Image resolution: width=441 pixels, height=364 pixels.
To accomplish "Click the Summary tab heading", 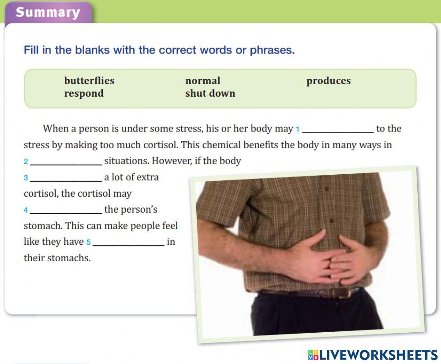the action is click(x=48, y=12).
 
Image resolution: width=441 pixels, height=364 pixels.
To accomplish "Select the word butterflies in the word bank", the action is click(x=89, y=81).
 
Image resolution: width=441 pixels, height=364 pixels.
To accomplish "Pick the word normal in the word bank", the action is click(x=203, y=81).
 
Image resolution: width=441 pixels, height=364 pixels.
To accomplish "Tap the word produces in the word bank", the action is click(x=329, y=81).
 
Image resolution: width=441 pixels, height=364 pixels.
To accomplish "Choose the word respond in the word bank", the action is click(x=84, y=94).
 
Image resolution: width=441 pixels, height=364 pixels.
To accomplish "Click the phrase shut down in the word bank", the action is click(x=210, y=93).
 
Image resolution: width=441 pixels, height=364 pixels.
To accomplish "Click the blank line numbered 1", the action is click(x=338, y=132).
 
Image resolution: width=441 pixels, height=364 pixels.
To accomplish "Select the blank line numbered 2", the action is click(x=66, y=165).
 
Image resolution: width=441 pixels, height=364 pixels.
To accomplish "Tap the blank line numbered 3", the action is click(x=66, y=181).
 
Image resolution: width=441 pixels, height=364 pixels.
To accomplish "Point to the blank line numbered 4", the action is click(x=66, y=213).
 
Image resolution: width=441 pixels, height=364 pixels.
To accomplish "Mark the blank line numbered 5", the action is click(x=128, y=246).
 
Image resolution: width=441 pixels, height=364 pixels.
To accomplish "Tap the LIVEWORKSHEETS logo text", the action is click(x=378, y=355).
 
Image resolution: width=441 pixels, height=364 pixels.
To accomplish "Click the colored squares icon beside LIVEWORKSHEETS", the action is click(x=313, y=355).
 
